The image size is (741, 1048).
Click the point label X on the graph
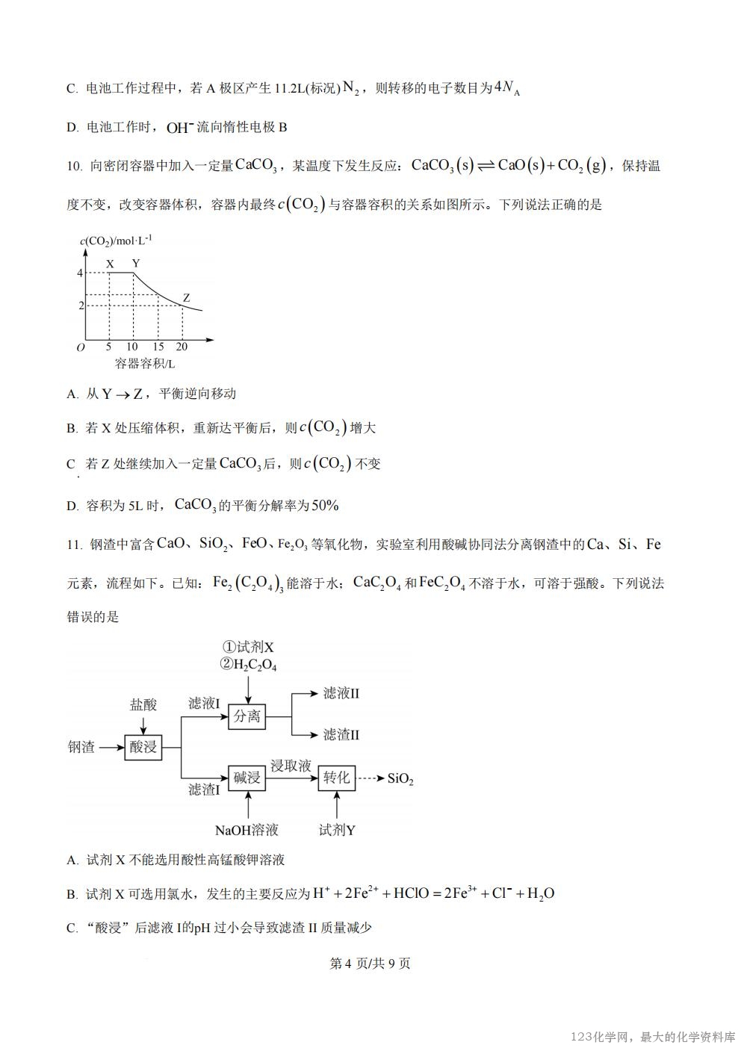[110, 264]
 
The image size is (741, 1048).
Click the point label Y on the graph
[135, 263]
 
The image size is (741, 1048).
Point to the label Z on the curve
[186, 297]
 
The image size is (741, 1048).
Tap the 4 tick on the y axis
[80, 273]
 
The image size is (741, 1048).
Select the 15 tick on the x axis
[158, 347]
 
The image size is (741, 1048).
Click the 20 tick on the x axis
[182, 347]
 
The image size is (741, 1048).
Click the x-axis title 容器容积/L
[145, 364]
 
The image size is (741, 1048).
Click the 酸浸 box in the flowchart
[143, 746]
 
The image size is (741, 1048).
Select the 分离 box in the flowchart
[247, 716]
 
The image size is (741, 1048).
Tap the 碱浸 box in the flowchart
[247, 778]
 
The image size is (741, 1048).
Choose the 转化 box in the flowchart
[336, 778]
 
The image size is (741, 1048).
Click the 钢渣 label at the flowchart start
[81, 747]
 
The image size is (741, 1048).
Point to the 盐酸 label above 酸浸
[143, 704]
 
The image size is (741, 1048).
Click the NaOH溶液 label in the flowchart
[247, 830]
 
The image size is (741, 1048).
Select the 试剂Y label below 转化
[337, 830]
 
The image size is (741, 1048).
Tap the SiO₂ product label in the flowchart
[400, 779]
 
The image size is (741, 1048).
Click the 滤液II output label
[341, 693]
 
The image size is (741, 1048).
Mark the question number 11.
[74, 545]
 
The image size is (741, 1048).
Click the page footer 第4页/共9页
[370, 963]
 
